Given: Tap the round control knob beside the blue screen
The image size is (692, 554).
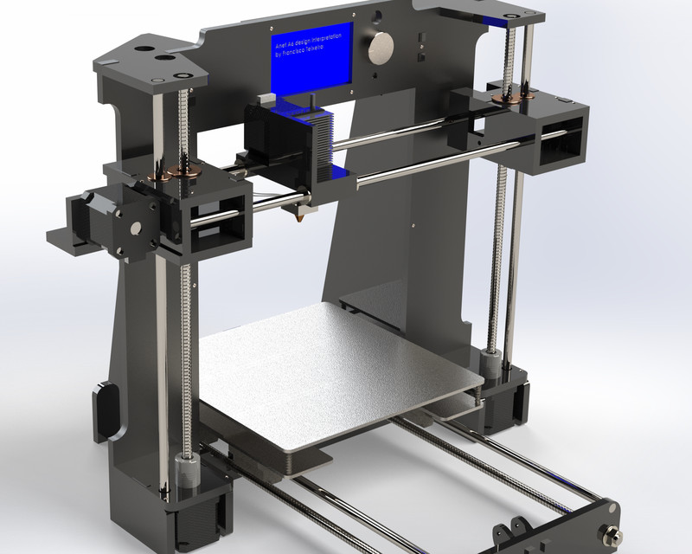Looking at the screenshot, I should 380,48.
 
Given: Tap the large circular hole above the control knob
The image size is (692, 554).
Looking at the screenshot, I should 376,16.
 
